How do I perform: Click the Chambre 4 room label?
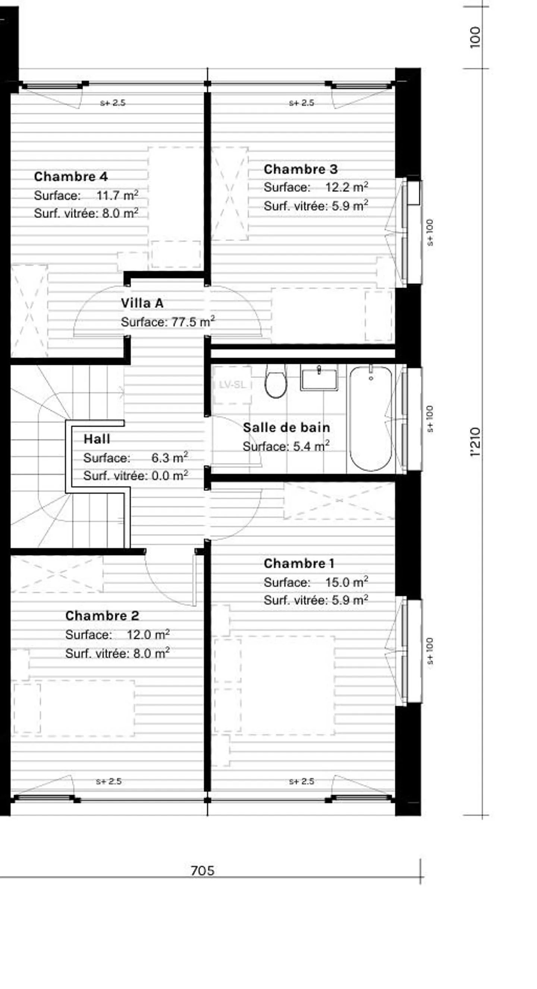tap(70, 177)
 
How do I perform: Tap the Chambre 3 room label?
tap(300, 169)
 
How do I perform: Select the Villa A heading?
tap(142, 303)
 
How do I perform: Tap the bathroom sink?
tap(319, 379)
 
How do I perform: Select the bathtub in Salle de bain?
tap(371, 418)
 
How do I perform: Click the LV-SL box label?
tap(232, 385)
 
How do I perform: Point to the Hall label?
tap(97, 439)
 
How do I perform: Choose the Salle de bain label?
tap(286, 428)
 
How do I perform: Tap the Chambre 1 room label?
tap(299, 564)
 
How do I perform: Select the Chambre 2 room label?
tap(102, 616)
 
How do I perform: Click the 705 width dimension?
tap(202, 870)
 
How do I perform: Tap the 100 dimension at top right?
tap(475, 37)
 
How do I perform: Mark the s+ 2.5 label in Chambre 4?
tap(112, 103)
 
